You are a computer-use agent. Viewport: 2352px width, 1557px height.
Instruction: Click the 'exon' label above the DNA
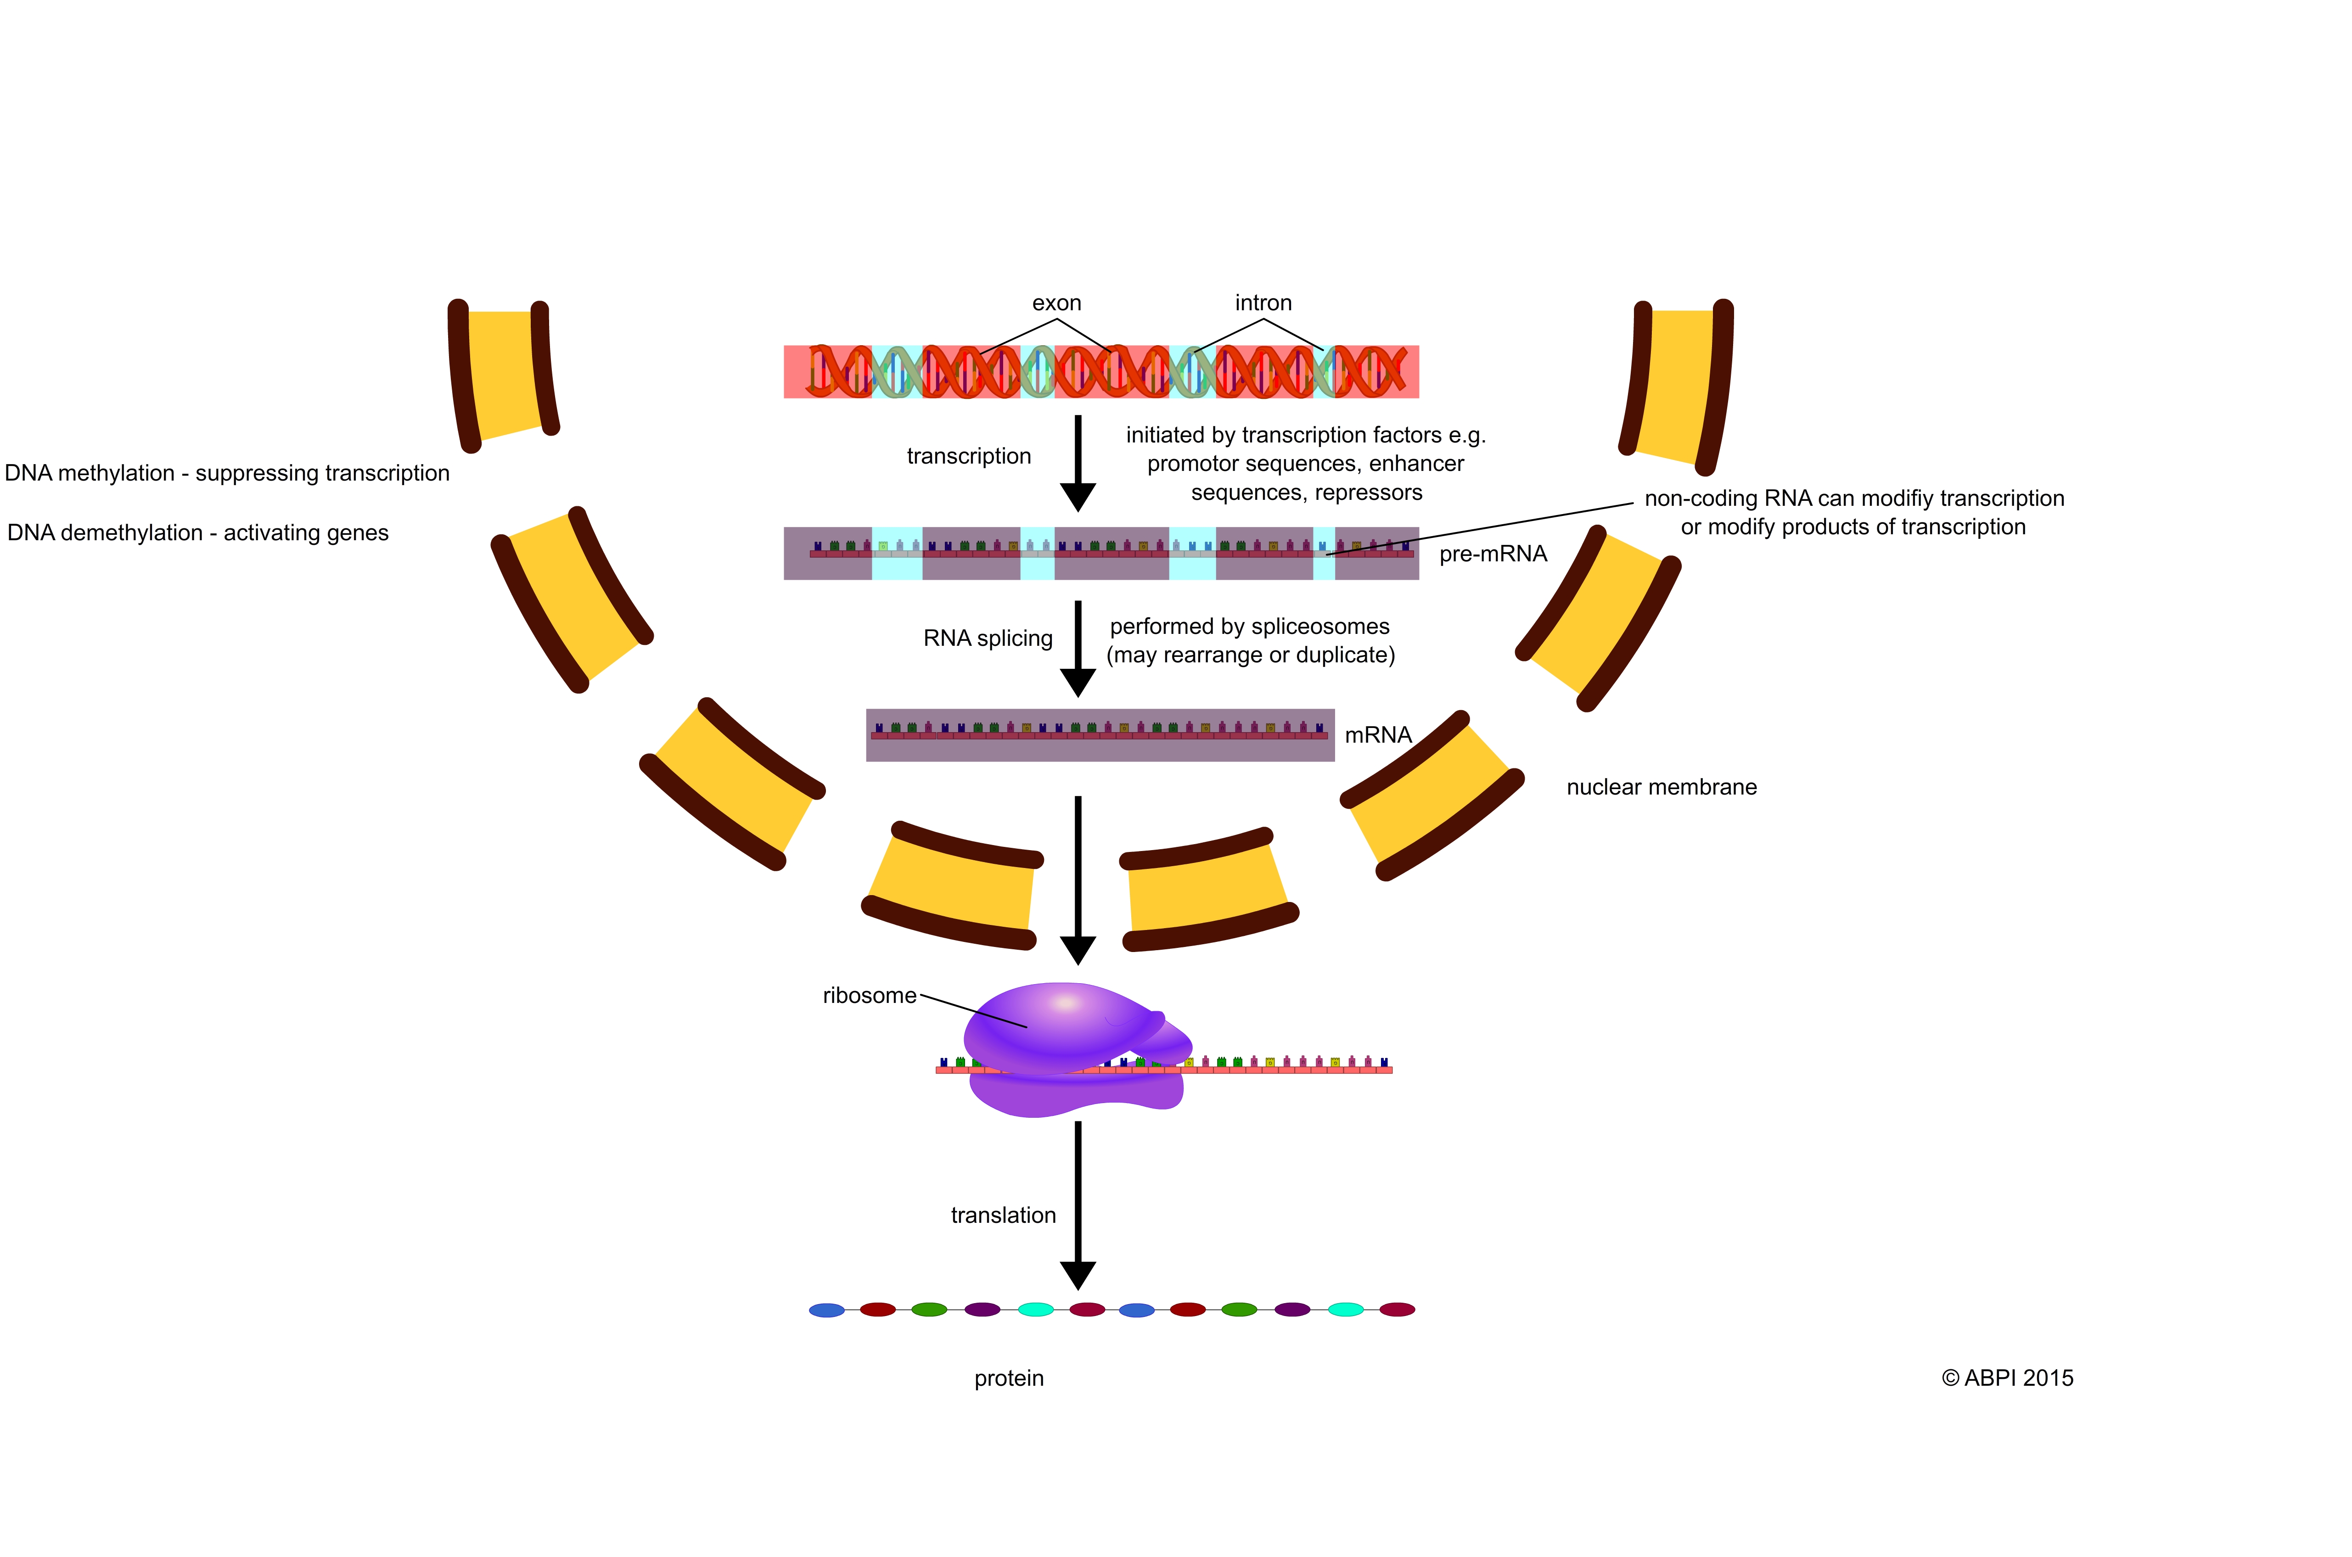[1056, 303]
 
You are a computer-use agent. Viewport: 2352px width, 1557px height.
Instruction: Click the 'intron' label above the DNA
[1263, 303]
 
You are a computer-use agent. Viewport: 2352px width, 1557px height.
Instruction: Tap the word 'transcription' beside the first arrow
[968, 456]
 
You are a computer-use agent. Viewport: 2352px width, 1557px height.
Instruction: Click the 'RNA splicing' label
[987, 638]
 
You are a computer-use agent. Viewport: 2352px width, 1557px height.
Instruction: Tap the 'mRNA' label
[1378, 735]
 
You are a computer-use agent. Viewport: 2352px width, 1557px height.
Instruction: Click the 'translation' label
[1003, 1215]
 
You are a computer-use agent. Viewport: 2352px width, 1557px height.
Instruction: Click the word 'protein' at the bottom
[1008, 1378]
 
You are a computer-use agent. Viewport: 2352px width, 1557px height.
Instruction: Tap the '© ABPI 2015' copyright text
[2006, 1378]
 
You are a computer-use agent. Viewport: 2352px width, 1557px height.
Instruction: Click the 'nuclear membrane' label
[1661, 787]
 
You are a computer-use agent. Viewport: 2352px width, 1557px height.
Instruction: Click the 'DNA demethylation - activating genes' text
[198, 533]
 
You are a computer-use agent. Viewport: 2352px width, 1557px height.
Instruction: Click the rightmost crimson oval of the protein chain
[1397, 1310]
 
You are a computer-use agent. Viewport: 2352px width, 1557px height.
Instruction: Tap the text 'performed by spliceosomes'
[1248, 627]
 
